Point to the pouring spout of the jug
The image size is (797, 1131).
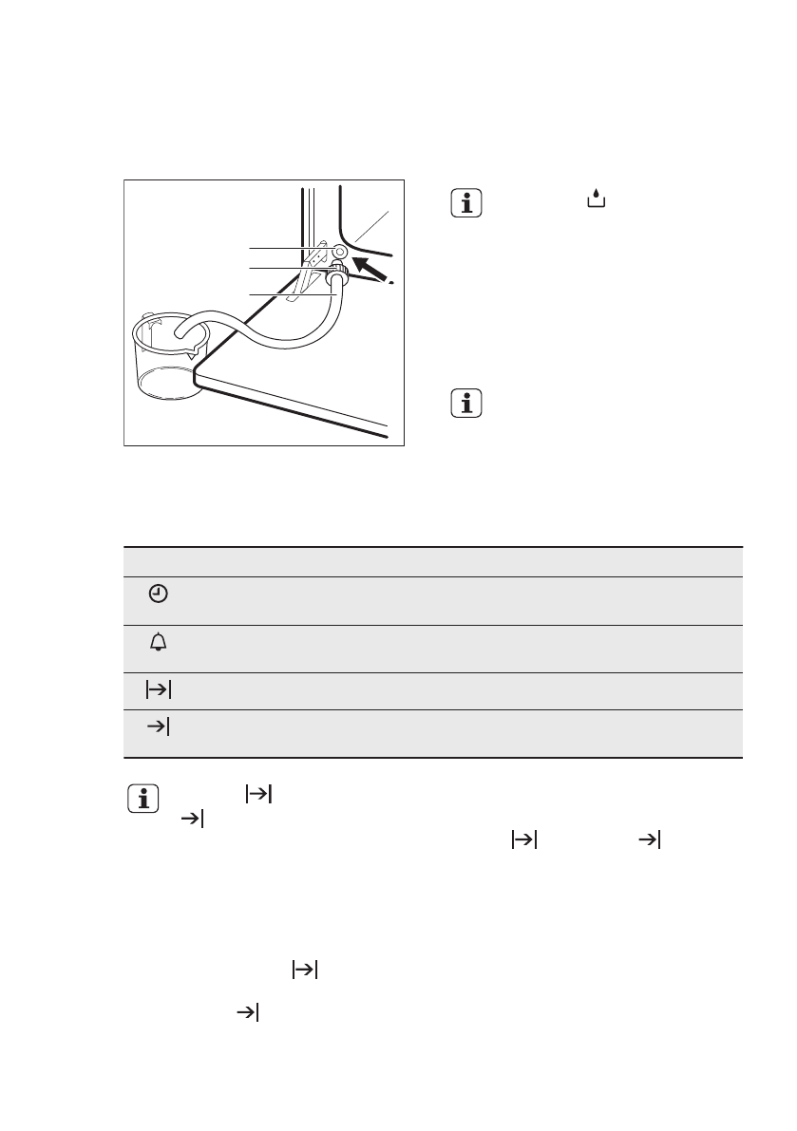tap(195, 354)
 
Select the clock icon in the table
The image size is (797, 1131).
tap(158, 594)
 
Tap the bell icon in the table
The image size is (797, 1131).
tap(158, 643)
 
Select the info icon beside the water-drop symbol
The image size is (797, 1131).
tap(465, 203)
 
